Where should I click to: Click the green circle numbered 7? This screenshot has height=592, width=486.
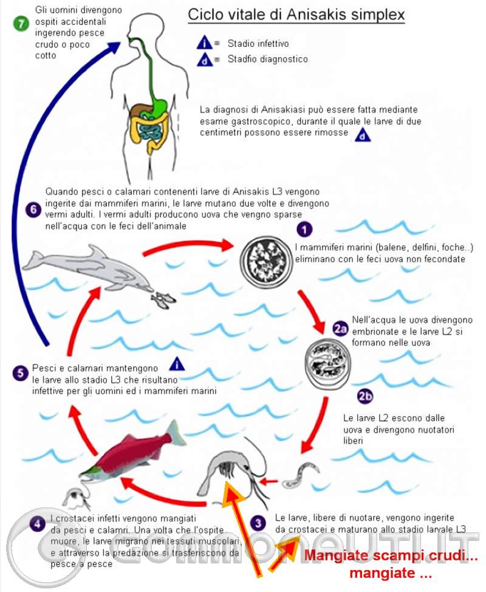[21, 23]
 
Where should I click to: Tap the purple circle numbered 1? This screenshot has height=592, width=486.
[304, 229]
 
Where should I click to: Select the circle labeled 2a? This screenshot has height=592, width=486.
[340, 329]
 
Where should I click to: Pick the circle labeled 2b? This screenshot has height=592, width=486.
[365, 396]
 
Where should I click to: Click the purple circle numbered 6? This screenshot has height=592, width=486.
[33, 209]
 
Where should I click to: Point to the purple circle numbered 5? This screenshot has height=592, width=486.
[21, 373]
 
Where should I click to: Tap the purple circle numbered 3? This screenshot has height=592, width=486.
[258, 523]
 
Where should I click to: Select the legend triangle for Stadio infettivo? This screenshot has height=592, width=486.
[204, 43]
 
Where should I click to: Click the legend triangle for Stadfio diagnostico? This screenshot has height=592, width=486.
[205, 60]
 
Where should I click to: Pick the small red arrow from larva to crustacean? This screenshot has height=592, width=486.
[269, 481]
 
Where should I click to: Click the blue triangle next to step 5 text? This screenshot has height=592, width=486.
[176, 364]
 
